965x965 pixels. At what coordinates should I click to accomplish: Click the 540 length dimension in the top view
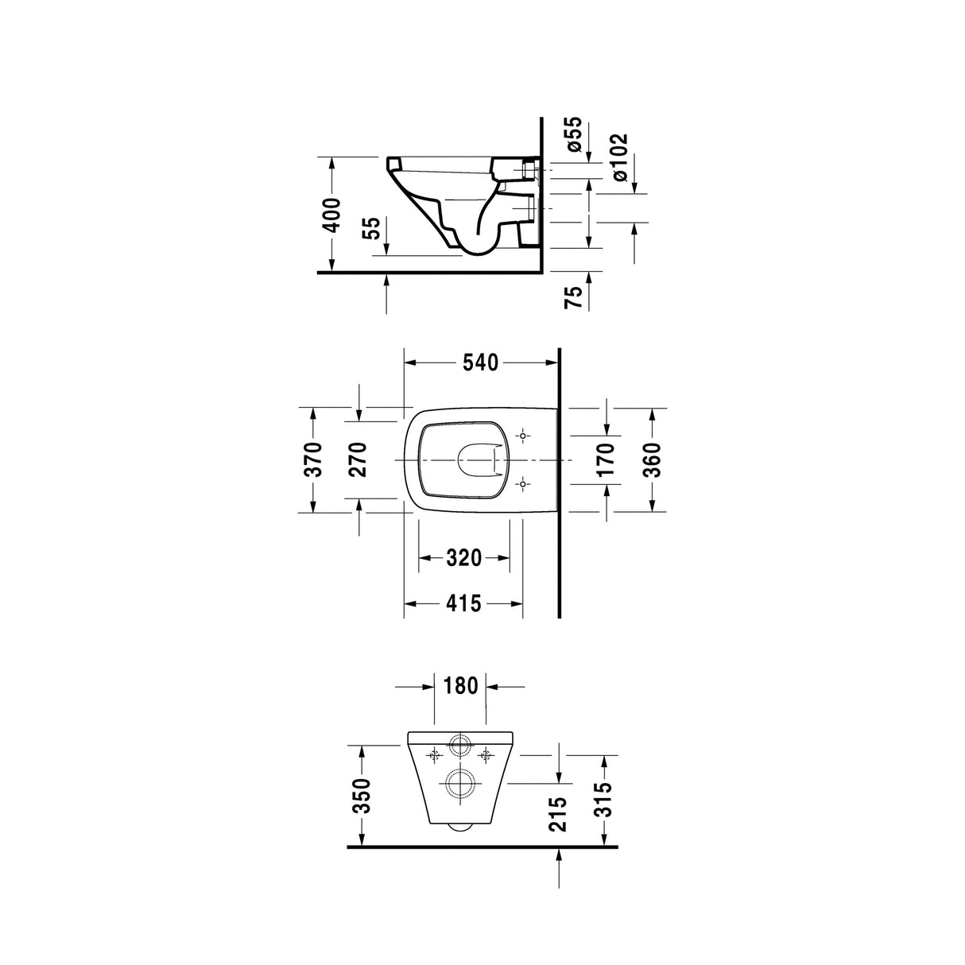click(480, 362)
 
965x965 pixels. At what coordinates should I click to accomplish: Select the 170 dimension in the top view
click(607, 459)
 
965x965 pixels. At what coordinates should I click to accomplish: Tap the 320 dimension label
click(463, 559)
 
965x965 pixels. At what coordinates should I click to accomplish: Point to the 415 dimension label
click(463, 604)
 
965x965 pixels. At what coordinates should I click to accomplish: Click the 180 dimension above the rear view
click(460, 685)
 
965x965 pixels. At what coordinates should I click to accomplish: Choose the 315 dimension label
click(606, 800)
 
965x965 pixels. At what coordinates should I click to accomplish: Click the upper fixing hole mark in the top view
click(523, 436)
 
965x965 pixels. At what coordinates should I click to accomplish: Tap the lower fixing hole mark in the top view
click(523, 482)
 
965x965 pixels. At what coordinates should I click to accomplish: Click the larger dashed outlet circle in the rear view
click(459, 784)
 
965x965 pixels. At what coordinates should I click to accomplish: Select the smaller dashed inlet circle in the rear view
click(459, 746)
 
